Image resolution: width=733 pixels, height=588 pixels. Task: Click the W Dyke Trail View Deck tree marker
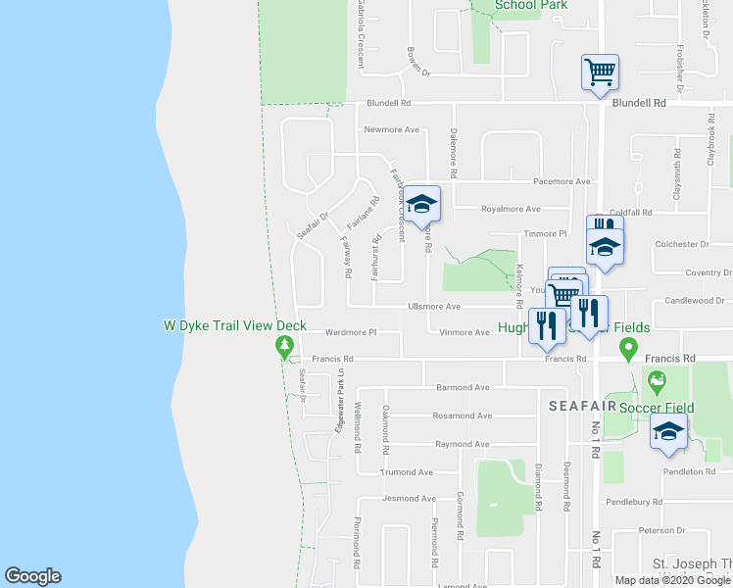tap(284, 346)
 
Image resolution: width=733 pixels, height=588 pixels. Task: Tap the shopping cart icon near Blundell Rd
tap(600, 71)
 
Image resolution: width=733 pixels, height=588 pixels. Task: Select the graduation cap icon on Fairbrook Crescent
tap(422, 204)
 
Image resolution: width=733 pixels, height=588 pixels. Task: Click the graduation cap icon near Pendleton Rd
tap(669, 431)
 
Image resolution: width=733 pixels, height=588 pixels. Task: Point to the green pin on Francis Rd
tap(628, 348)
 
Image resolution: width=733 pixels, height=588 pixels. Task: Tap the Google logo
tap(32, 576)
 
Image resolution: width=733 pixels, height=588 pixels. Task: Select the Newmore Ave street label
tap(391, 129)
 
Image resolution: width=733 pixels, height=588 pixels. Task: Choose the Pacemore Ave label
tap(562, 181)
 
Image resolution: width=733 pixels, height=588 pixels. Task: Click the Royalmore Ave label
tap(511, 209)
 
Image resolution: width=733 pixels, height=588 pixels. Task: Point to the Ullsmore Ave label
tap(434, 307)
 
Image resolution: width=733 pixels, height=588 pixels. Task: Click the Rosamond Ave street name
tap(462, 416)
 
